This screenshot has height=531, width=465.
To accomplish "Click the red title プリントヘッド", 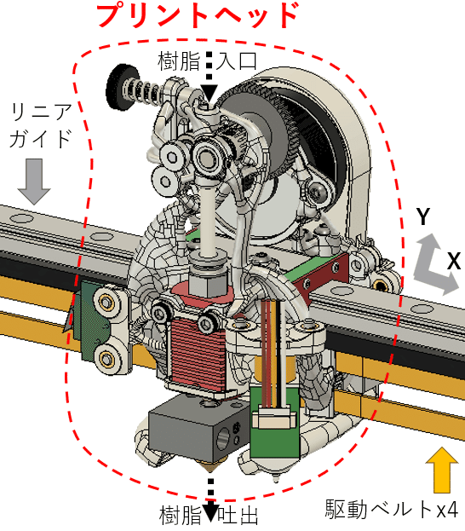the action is tap(198, 15).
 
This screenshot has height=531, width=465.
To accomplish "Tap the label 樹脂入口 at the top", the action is tap(207, 61).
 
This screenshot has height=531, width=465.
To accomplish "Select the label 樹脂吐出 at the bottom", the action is tap(209, 515).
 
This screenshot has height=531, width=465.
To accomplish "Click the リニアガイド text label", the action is tap(41, 126).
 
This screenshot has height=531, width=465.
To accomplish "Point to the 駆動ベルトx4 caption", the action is tap(392, 509).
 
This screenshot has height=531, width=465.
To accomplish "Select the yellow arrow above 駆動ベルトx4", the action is tap(442, 470).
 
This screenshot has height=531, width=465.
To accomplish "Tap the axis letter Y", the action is tap(423, 216).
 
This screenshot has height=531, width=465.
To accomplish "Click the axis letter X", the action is tap(454, 261).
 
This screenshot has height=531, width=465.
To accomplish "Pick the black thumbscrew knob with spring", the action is tap(123, 88).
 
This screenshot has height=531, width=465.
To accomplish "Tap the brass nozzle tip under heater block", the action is tap(210, 468).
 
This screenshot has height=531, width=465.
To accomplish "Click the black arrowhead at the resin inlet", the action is tap(209, 92).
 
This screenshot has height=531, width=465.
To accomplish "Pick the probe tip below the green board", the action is tap(276, 479).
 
